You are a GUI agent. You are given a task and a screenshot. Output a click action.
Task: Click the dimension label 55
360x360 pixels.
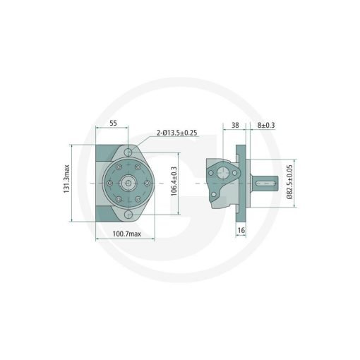click(x=114, y=123)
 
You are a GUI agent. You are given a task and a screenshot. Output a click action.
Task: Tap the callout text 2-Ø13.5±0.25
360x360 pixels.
click(x=177, y=133)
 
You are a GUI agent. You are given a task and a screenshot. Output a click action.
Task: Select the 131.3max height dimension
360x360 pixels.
click(x=67, y=179)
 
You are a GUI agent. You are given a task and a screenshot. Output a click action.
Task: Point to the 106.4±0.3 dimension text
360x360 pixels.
click(x=174, y=181)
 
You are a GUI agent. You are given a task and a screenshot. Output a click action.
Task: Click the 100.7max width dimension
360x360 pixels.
click(x=126, y=234)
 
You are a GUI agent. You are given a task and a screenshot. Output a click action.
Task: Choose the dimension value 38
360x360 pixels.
click(x=235, y=125)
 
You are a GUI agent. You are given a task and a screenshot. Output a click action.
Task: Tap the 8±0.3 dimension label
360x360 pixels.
click(x=266, y=125)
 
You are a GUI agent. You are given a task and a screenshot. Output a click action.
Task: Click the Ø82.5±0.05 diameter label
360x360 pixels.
click(x=289, y=182)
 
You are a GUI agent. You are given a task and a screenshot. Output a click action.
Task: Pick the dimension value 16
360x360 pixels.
click(x=241, y=230)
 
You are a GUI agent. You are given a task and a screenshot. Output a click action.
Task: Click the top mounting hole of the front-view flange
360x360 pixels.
click(x=128, y=152)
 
